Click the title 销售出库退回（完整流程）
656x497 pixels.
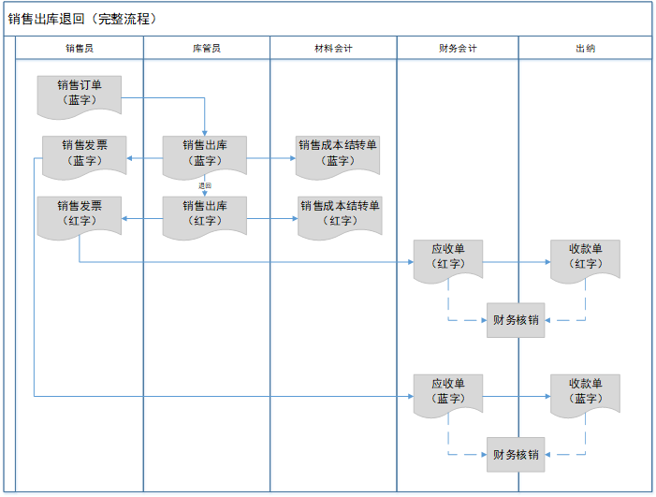[83, 19]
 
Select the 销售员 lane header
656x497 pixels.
[80, 48]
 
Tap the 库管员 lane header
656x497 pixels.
[206, 48]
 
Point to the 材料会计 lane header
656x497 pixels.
[333, 48]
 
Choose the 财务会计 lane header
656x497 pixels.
[458, 48]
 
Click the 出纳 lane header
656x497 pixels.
[585, 48]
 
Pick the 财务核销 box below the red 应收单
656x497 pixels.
[516, 320]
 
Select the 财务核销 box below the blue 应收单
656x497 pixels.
[516, 455]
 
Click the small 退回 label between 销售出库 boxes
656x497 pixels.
[205, 186]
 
